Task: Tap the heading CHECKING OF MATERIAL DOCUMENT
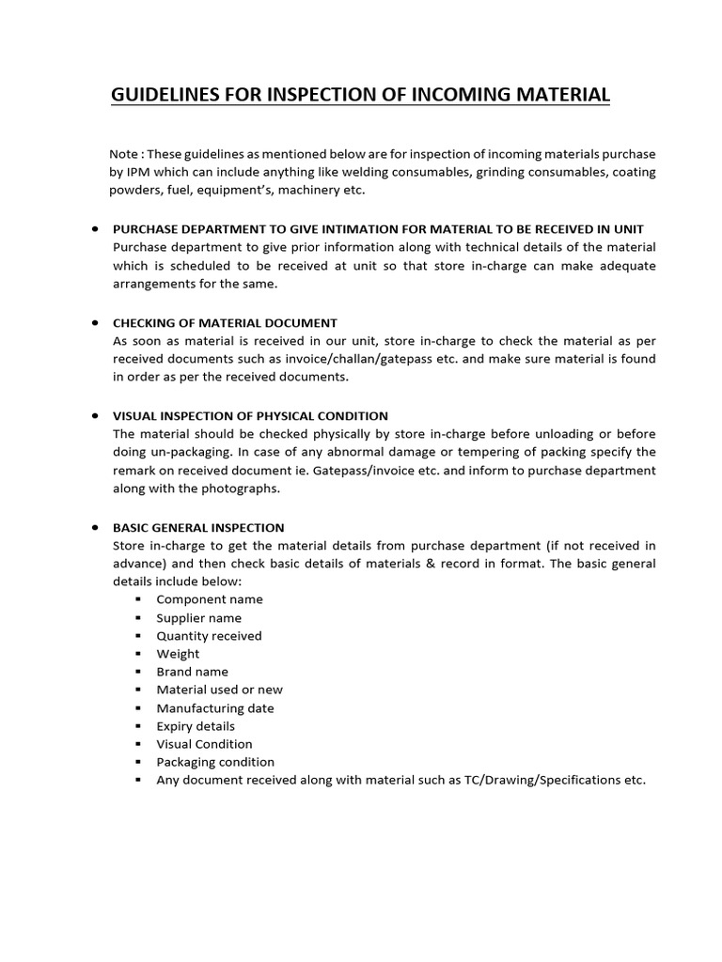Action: coord(225,322)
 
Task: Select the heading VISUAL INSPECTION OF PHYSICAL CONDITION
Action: coord(250,415)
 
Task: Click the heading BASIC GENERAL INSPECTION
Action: coord(198,527)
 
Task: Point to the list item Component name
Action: coord(210,599)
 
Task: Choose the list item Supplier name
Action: coord(198,618)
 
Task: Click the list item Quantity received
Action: coord(209,636)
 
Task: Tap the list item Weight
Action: coord(178,654)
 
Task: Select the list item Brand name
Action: coord(192,672)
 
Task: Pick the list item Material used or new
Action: coord(219,690)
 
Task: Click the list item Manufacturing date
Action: coord(215,708)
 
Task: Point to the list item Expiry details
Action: coord(196,726)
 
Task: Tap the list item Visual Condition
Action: coord(204,744)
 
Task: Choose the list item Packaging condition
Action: coord(215,762)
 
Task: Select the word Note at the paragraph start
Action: coord(122,154)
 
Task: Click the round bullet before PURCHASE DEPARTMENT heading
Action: coord(97,229)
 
